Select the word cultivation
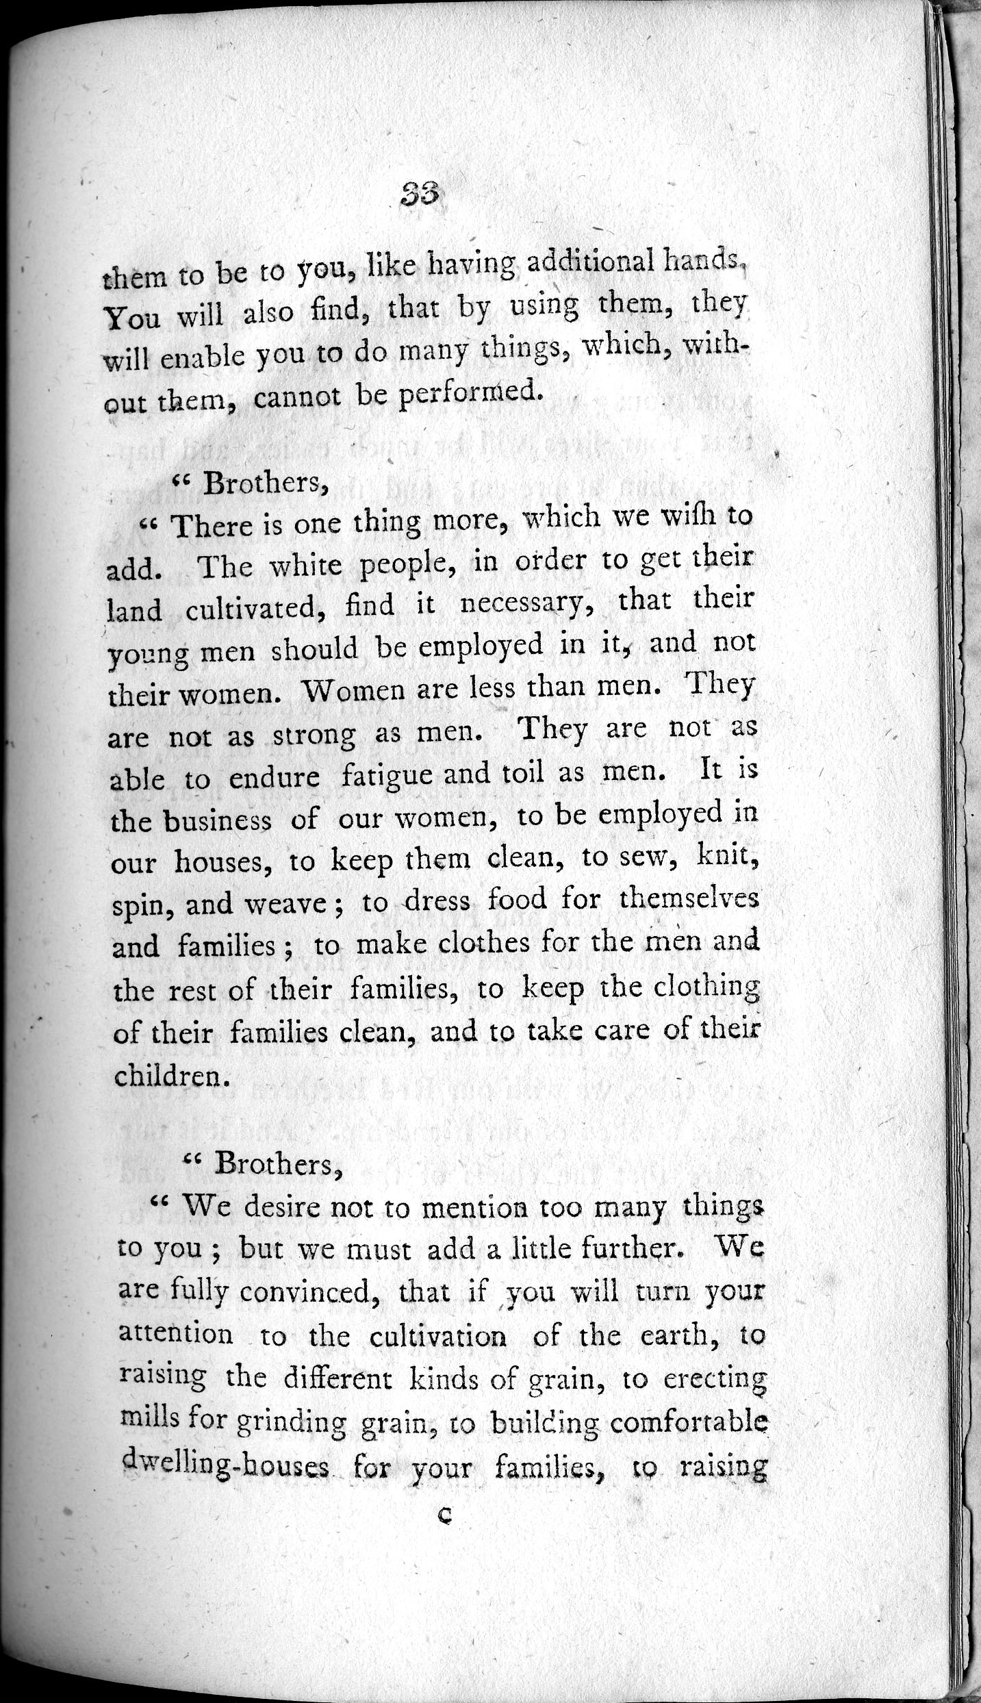pyautogui.click(x=438, y=1335)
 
